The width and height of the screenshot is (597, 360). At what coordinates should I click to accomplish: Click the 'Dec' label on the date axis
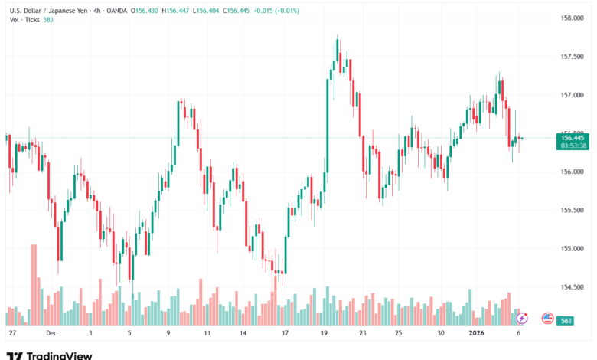click(51, 334)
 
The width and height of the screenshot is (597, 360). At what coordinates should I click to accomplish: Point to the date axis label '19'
click(325, 334)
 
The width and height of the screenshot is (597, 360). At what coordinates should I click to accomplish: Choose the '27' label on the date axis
click(11, 334)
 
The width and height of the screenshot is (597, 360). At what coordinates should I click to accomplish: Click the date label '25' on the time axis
click(399, 334)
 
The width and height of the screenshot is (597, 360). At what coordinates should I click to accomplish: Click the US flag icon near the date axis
click(547, 318)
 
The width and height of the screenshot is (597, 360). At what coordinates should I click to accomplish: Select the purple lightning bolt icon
click(522, 317)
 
